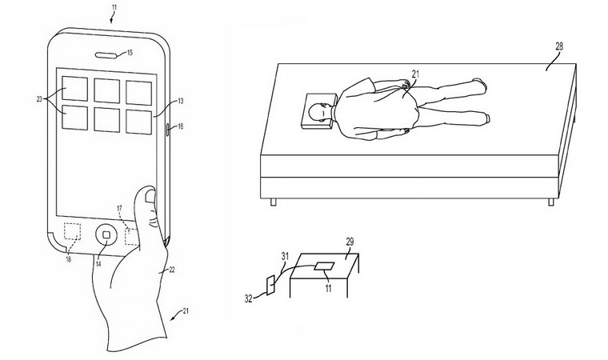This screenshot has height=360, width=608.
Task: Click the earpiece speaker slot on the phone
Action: (108, 54)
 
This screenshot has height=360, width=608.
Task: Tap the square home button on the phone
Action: (106, 235)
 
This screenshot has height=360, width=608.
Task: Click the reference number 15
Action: (130, 52)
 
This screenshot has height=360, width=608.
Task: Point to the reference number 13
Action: (180, 102)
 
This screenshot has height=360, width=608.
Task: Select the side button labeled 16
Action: (168, 129)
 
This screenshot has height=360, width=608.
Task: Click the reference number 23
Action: (39, 99)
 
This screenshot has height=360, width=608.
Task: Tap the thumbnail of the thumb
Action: (150, 197)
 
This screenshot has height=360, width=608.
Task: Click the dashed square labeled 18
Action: (72, 231)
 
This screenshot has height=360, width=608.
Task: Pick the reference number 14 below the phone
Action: (98, 264)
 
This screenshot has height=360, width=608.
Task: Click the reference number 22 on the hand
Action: (172, 270)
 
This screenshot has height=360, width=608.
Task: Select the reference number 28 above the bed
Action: (559, 46)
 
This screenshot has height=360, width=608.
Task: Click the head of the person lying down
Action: (317, 113)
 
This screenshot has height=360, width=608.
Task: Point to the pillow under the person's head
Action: (318, 112)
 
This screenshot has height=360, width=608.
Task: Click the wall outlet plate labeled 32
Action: (271, 284)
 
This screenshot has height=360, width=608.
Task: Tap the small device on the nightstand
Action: (324, 266)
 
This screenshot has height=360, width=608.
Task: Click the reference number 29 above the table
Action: (350, 242)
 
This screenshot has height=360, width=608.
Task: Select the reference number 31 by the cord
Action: (285, 257)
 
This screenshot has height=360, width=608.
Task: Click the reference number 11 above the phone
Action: (113, 6)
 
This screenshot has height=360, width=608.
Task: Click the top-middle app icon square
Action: (106, 90)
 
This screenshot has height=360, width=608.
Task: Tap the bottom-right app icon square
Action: (138, 122)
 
